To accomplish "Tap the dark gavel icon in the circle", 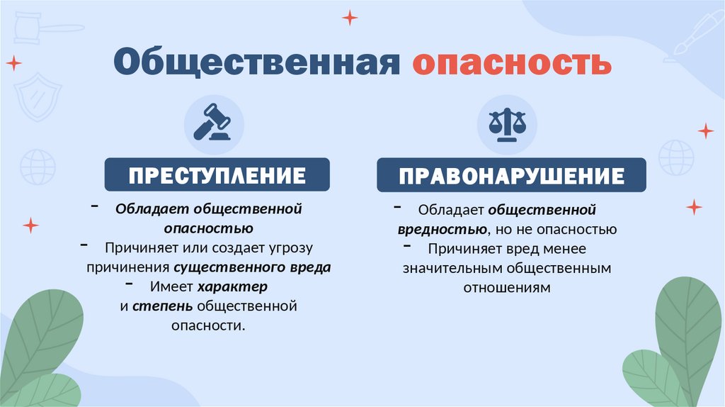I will [x=214, y=121].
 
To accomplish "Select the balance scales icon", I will [x=508, y=123].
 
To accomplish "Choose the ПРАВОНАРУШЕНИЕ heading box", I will [x=511, y=175].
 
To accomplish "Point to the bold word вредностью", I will [x=441, y=230].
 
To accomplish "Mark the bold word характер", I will [x=233, y=288].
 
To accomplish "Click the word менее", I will [x=568, y=250].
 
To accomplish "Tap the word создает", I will [x=228, y=249].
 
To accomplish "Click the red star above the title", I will [x=350, y=18].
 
